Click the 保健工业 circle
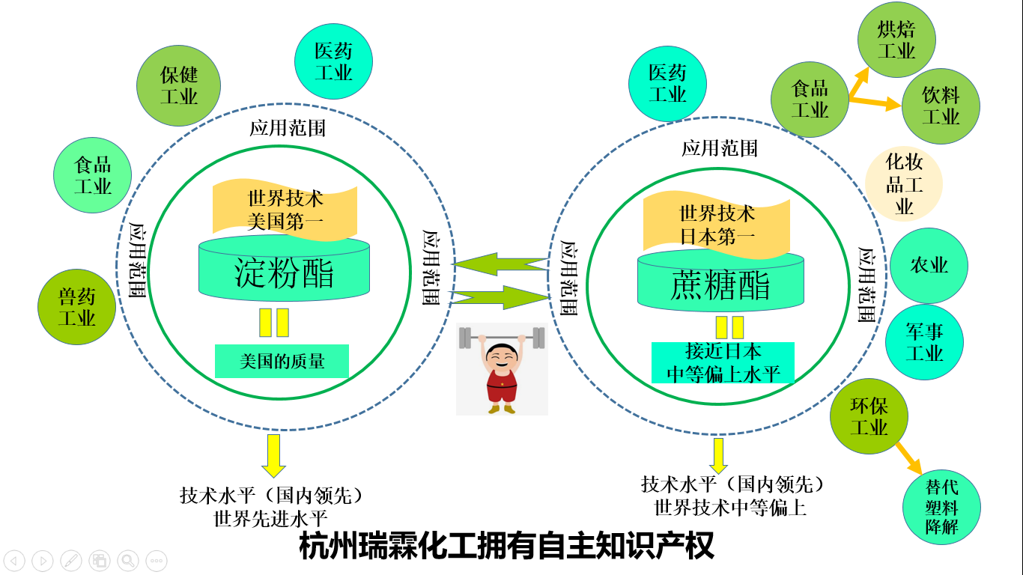178,85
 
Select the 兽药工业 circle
76,307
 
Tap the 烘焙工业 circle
896,40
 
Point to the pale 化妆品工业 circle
904,184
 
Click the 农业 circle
929,266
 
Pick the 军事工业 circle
924,342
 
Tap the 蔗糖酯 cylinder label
720,286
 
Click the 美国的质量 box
282,362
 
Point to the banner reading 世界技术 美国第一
285,210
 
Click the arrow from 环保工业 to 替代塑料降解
909,457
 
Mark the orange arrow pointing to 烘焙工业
859,82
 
